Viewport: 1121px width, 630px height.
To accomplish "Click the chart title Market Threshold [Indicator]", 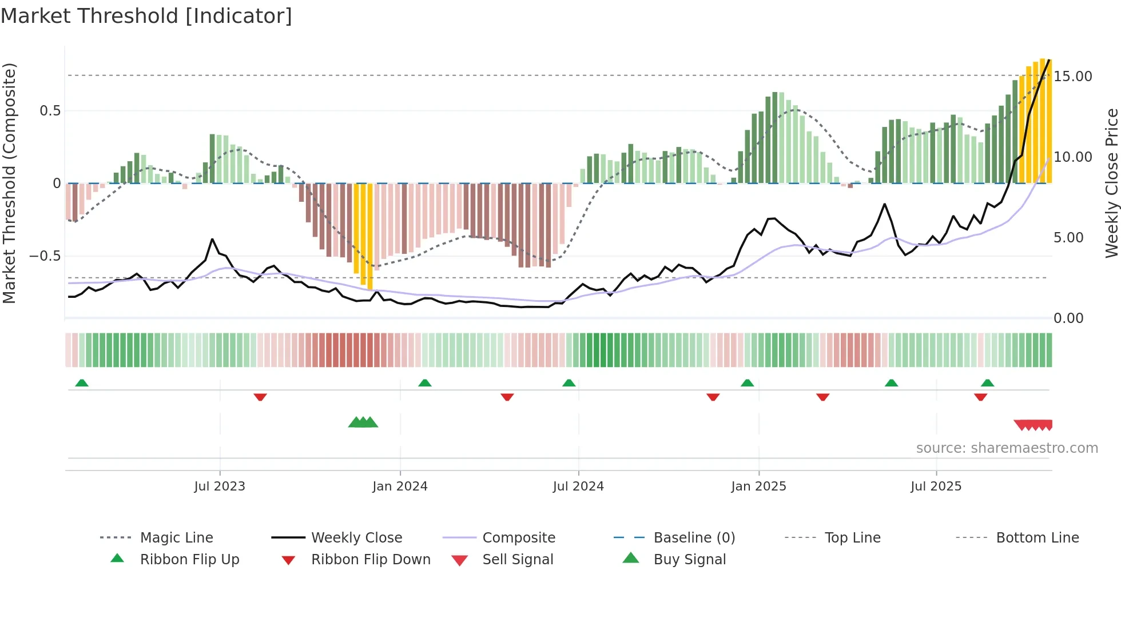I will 146,16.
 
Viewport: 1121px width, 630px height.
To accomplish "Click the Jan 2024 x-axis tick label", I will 400,487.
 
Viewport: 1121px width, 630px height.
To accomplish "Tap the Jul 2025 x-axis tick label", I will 936,487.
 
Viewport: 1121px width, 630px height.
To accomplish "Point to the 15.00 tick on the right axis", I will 1072,77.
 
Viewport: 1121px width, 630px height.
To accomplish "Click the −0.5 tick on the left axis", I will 45,256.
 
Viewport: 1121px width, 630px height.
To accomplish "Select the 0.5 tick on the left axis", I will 50,111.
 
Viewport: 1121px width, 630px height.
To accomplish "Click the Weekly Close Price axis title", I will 1111,183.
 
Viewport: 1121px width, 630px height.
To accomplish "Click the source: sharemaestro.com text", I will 1007,448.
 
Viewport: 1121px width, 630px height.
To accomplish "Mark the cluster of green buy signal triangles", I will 363,423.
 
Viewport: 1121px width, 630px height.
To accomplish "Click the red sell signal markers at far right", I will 1033,425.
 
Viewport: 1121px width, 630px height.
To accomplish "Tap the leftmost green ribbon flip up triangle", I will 82,383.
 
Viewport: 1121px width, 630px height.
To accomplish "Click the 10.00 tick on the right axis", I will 1072,157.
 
